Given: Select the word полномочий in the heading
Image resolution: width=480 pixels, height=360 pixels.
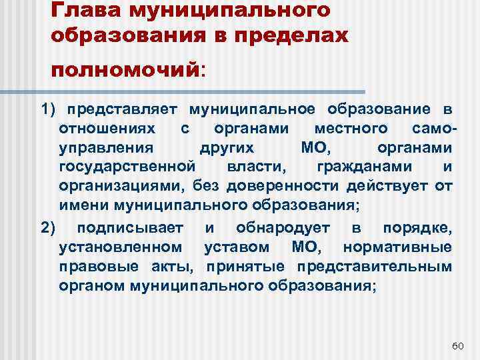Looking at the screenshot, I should coord(127,69).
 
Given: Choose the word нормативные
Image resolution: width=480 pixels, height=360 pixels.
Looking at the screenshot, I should coord(397,248).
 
